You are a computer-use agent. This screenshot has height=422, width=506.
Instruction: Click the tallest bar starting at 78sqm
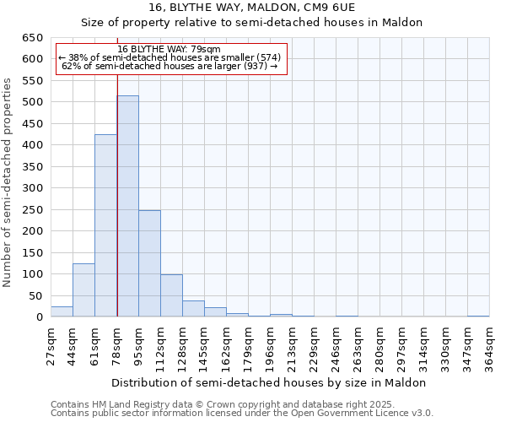127,207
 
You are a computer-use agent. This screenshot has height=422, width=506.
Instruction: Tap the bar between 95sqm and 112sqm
149,263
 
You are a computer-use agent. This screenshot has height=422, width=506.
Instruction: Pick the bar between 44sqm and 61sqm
83,290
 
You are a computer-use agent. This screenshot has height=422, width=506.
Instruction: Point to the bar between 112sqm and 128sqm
171,295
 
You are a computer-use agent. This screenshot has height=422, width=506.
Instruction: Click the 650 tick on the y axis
32,38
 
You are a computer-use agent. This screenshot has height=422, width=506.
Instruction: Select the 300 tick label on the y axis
32,188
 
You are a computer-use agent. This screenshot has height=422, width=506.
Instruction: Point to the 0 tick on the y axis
39,317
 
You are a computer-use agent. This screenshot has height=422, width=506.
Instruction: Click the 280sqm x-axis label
379,346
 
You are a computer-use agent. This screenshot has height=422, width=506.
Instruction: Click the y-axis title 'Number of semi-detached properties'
8,181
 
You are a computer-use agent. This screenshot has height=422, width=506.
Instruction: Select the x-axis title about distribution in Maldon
269,382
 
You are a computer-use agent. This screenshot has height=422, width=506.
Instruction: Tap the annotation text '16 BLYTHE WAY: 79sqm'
170,49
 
